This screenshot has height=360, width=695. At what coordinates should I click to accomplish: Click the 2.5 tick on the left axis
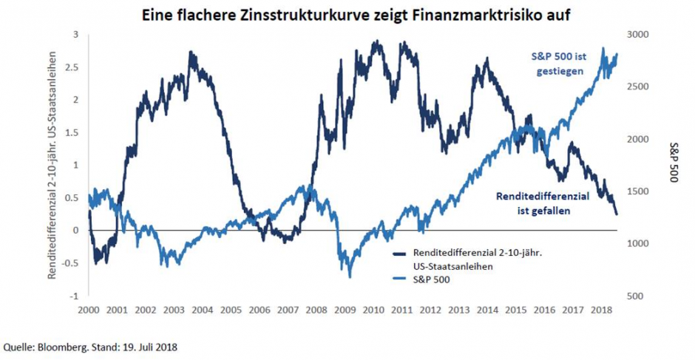(74, 67)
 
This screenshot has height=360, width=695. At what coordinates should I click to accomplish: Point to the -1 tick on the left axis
(75, 296)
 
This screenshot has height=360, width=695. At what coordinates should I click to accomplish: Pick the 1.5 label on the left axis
(74, 132)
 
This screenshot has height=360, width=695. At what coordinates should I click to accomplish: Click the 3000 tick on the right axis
(637, 35)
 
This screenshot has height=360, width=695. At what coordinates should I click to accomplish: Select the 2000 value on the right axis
(637, 139)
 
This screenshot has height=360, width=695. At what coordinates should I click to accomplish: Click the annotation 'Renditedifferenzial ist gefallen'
(543, 203)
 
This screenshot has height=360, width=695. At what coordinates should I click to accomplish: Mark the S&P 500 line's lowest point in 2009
(350, 276)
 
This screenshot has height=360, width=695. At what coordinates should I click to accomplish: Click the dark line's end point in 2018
(617, 214)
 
